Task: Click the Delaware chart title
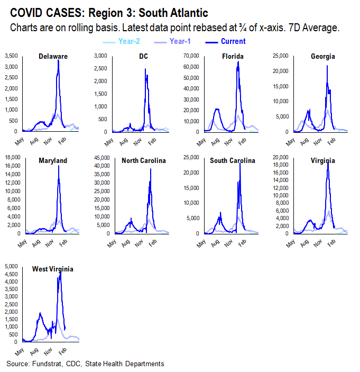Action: pos(53,57)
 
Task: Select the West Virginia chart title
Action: pos(52,269)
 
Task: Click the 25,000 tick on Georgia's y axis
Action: pos(280,56)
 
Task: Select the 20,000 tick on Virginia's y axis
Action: pos(280,157)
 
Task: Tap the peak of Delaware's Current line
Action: pos(58,60)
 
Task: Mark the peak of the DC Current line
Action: pos(145,69)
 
